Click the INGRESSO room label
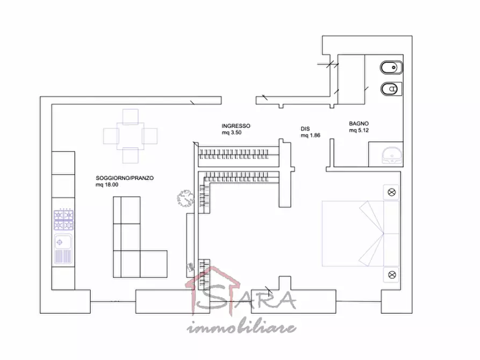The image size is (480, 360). click(x=236, y=126)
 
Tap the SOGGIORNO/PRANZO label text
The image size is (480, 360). click(x=125, y=178)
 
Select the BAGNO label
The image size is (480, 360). click(x=359, y=124)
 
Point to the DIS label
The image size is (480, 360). click(x=305, y=129)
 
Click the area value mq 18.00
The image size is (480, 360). click(x=107, y=185)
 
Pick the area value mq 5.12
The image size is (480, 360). click(x=359, y=131)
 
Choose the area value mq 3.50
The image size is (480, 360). click(x=232, y=133)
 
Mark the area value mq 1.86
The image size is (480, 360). click(x=310, y=135)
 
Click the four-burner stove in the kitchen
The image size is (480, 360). click(x=63, y=220)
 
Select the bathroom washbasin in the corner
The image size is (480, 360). click(x=391, y=155)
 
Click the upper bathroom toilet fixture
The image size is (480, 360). click(x=391, y=68)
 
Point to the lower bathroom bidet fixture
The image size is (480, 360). click(x=391, y=89)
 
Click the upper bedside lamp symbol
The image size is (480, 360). click(x=391, y=192)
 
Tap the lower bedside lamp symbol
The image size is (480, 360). click(x=392, y=275)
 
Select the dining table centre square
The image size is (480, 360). click(x=131, y=136)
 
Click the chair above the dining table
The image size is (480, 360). click(x=131, y=117)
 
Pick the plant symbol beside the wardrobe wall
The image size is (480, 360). click(x=185, y=198)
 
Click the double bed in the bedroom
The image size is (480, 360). click(x=361, y=234)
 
